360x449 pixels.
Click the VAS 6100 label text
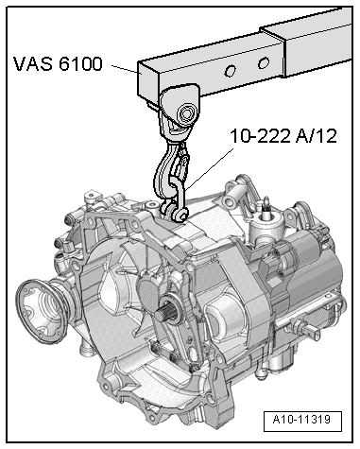60,66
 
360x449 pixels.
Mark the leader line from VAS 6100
123,68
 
